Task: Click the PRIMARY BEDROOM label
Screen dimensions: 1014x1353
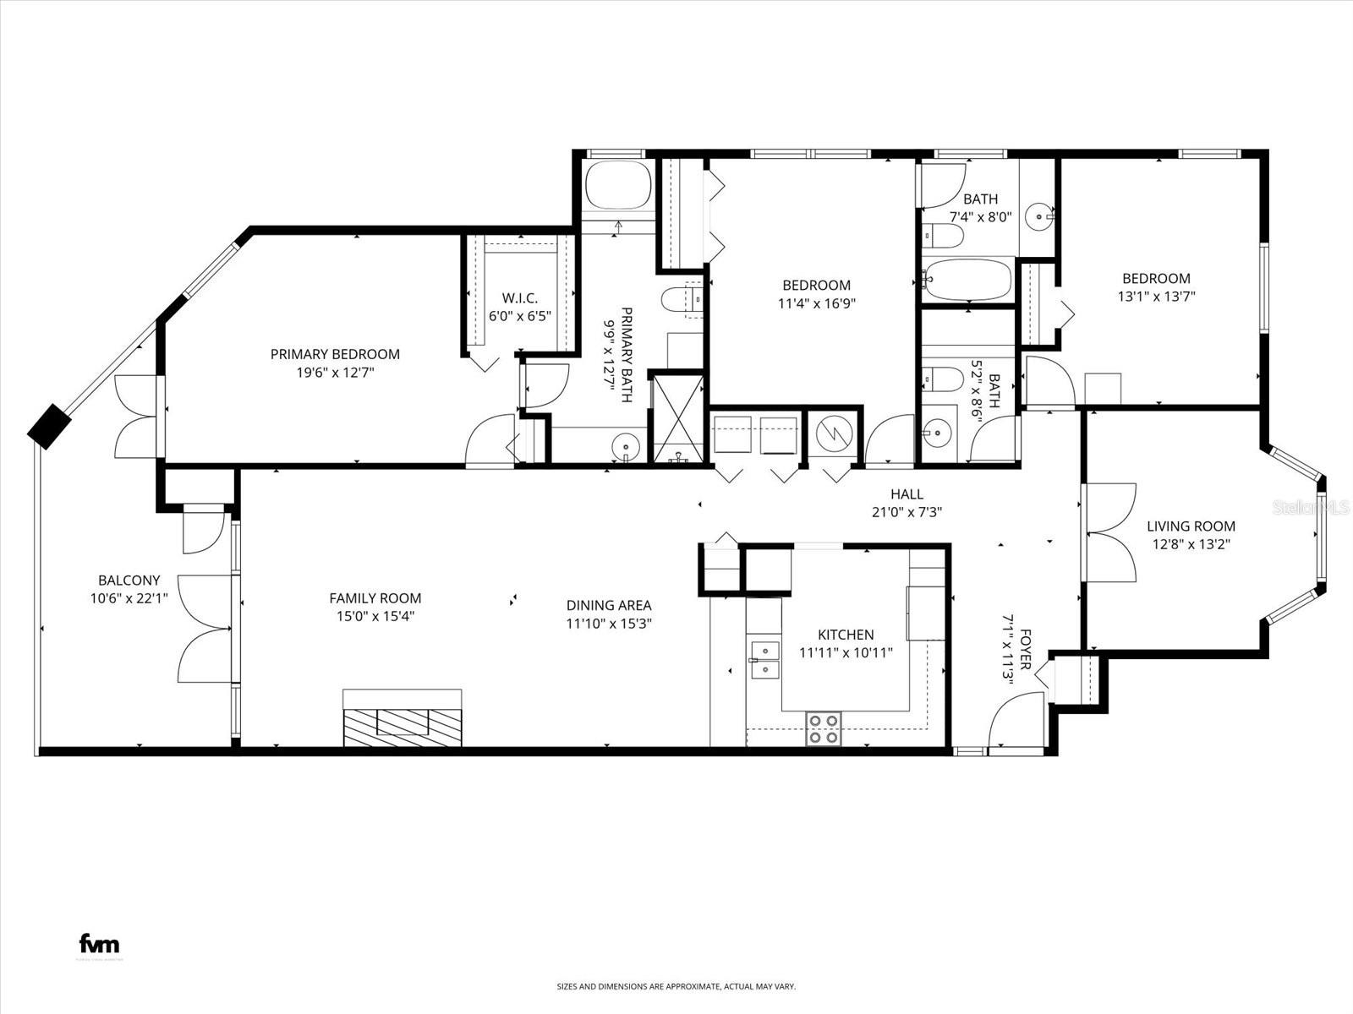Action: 335,354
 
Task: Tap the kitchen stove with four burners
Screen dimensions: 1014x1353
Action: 824,728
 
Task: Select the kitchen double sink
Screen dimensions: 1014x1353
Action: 764,660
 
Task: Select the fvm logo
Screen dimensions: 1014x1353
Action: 99,944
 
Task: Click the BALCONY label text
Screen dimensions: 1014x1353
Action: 129,581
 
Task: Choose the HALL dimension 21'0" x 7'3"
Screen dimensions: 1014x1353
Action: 907,511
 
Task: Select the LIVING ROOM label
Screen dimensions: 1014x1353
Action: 1191,526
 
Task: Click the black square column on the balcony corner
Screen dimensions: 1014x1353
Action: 50,426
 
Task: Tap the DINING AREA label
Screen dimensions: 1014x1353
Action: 609,605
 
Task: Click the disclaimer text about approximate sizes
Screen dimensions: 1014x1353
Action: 676,986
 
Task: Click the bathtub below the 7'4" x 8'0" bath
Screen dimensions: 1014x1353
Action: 967,279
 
